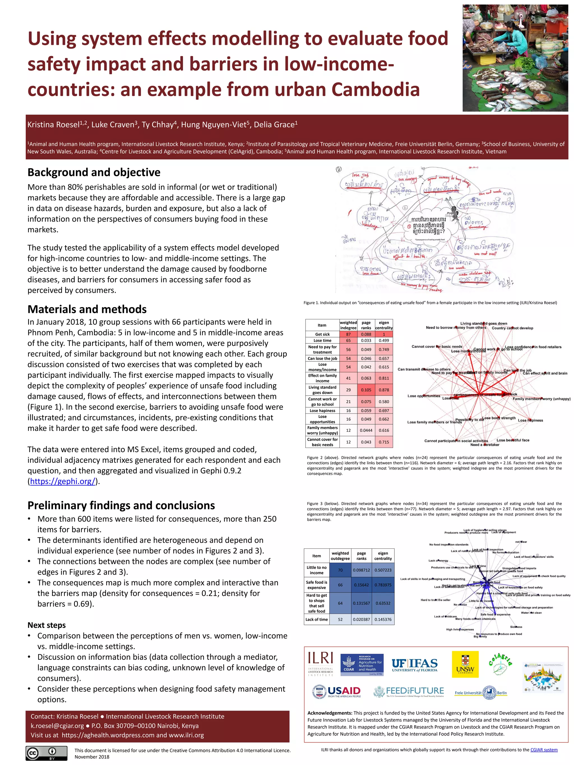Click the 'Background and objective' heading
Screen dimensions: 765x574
coord(94,172)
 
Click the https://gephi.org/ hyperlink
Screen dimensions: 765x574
coord(63,482)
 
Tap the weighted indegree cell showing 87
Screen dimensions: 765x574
coord(348,334)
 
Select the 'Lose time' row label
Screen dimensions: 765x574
coord(322,341)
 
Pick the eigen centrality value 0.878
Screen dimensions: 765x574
coord(384,390)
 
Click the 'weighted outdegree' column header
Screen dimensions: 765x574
coord(340,556)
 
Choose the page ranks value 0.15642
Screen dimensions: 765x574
coord(361,585)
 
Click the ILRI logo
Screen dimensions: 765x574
coord(320,664)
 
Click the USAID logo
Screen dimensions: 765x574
coord(337,692)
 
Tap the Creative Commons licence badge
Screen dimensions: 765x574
coord(46,753)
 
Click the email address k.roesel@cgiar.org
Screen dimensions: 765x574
coord(57,726)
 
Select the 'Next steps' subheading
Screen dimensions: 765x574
coord(46,625)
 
